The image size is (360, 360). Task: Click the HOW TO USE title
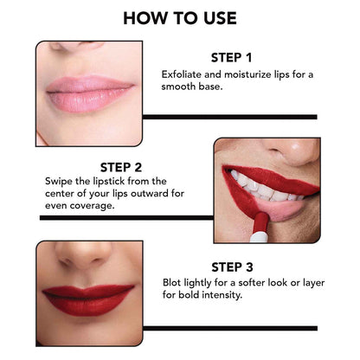pyautogui.click(x=180, y=18)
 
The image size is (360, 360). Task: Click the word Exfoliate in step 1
pyautogui.click(x=183, y=74)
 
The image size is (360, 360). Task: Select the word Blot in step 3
pyautogui.click(x=174, y=282)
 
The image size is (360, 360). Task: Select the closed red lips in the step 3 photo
pyautogui.click(x=89, y=299)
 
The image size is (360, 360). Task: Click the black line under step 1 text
pyautogui.click(x=229, y=116)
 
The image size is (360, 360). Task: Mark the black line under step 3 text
pyautogui.click(x=229, y=327)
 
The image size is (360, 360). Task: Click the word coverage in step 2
pyautogui.click(x=84, y=207)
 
